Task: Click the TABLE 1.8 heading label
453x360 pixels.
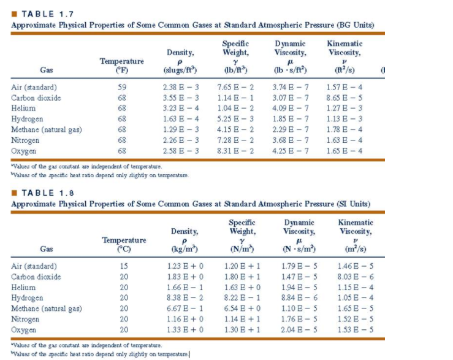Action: pos(39,193)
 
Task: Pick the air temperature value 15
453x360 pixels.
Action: pos(124,267)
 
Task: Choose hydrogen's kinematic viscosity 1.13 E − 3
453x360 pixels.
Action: pos(345,119)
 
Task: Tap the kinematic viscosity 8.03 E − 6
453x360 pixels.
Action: pos(356,277)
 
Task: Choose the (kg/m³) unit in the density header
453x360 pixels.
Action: pos(185,249)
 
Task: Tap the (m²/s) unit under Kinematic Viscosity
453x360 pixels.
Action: pos(356,249)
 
